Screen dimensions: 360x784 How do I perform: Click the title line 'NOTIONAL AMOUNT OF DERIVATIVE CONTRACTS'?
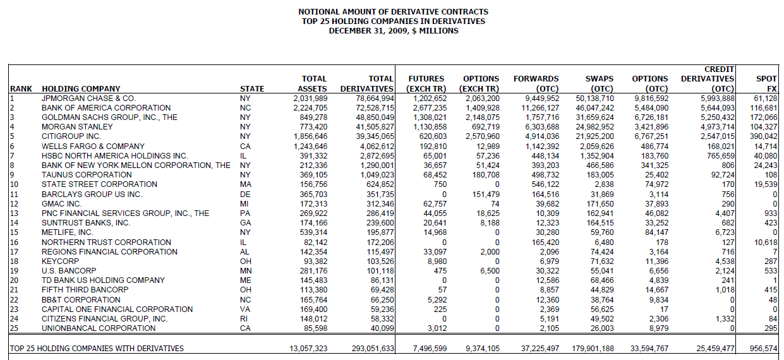click(393, 12)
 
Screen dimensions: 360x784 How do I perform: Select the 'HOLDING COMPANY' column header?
click(81, 89)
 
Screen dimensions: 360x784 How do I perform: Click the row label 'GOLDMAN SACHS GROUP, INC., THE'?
click(109, 117)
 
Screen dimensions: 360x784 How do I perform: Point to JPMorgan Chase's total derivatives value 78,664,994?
click(373, 99)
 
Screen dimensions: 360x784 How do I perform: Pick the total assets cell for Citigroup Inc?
click(310, 136)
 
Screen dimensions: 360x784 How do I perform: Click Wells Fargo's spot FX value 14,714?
click(765, 146)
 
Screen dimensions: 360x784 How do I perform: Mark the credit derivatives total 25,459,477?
click(711, 348)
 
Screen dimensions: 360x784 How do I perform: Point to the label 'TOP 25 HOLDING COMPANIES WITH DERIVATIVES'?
click(97, 348)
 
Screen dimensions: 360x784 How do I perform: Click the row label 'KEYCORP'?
click(60, 261)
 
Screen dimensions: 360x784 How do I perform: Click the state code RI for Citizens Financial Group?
click(244, 318)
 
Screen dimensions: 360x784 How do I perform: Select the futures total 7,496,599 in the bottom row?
click(424, 348)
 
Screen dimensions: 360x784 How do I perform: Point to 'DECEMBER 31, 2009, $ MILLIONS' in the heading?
click(393, 31)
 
